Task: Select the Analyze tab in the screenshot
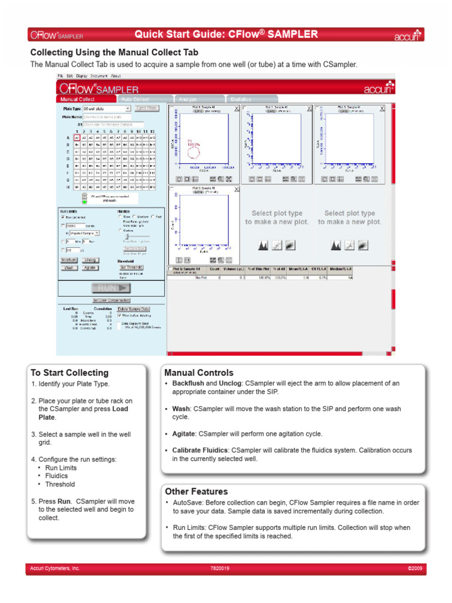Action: (188, 99)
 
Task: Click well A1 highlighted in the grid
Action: (77, 137)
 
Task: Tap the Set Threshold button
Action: (132, 267)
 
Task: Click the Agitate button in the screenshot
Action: (90, 267)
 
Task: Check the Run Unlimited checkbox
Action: (63, 217)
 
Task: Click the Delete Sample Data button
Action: (134, 308)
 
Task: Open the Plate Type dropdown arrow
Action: (128, 108)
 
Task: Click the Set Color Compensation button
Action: (111, 300)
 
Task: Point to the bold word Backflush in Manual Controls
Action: (188, 383)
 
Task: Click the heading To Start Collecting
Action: (69, 373)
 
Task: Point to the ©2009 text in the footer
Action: (416, 569)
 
